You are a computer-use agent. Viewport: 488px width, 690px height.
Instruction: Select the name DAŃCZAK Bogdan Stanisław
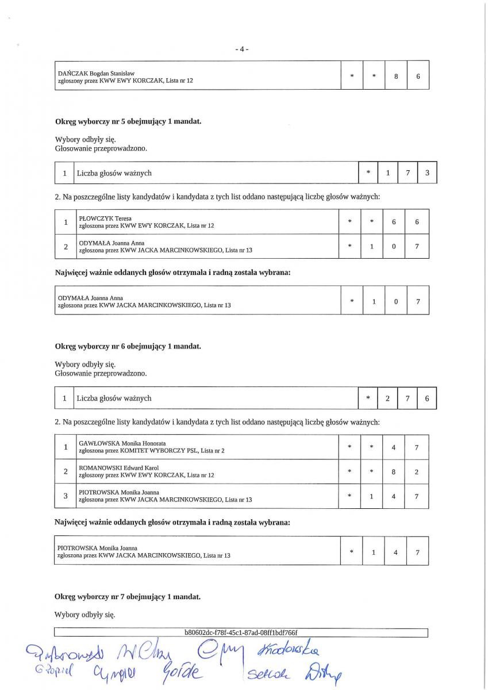point(96,74)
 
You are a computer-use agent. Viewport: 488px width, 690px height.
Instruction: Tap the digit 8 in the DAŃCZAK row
point(395,76)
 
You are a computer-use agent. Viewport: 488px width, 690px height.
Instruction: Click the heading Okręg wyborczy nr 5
point(128,122)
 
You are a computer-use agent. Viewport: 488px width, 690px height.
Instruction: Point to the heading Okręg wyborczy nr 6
point(128,347)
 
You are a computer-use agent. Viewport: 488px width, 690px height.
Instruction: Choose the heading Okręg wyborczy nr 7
point(128,597)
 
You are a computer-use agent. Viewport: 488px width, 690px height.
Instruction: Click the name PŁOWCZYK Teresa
point(105,218)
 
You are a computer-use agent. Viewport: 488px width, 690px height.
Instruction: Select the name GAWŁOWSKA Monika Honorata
point(122,443)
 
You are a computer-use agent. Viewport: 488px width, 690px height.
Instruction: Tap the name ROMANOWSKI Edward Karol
point(118,468)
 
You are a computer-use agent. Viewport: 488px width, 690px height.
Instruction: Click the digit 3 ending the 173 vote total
point(426,172)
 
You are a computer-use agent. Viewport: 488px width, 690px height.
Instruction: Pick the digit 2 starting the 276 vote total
point(387,398)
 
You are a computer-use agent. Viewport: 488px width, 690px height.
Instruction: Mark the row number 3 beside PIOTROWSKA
point(66,496)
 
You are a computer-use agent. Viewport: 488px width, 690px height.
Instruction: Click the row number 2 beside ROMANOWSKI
point(66,471)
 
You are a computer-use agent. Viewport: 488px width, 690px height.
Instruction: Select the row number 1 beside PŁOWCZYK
point(66,222)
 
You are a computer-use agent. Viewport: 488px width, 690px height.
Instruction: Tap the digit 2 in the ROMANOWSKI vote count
point(417,471)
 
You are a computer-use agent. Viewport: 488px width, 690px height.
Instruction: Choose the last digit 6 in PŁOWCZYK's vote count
point(417,222)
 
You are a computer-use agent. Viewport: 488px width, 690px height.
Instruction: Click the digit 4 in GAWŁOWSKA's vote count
point(394,447)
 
